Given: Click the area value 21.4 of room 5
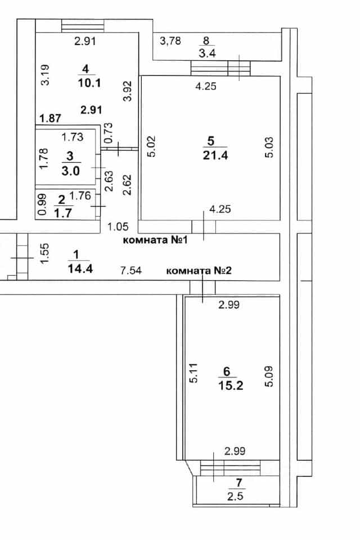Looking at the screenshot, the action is click(x=215, y=155).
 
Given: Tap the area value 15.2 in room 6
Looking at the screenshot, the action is click(x=231, y=385).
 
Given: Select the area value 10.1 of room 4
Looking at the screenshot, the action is click(x=89, y=83).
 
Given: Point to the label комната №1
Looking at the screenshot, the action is click(x=155, y=240).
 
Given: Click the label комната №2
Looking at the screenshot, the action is click(x=199, y=271).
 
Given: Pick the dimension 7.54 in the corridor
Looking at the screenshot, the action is click(x=131, y=271).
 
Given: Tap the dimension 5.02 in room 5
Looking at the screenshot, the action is click(x=151, y=146).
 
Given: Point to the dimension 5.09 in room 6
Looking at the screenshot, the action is click(x=269, y=376).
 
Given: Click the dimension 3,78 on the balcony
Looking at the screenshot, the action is click(x=170, y=40).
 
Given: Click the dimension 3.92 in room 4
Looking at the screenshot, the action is click(x=128, y=91).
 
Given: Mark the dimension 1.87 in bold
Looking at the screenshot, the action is click(x=50, y=119).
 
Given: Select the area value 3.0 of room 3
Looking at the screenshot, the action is click(x=70, y=170).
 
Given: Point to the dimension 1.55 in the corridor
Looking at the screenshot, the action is click(x=45, y=254).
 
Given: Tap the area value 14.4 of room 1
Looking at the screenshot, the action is click(x=80, y=268).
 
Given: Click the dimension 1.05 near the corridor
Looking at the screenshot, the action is click(x=118, y=227).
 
